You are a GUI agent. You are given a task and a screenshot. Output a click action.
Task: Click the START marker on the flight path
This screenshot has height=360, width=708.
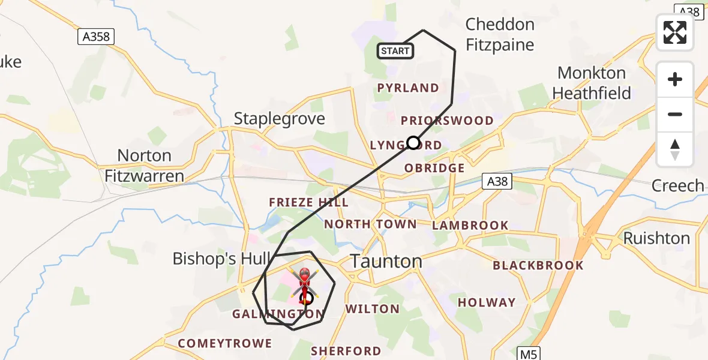click(x=395, y=51)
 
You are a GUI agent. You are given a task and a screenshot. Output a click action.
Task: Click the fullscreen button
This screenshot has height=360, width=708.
click(x=675, y=32)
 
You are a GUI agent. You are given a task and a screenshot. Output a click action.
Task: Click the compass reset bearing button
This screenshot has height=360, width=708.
click(x=675, y=149)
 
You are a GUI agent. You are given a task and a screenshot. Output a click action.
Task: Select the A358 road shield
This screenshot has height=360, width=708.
click(x=96, y=37)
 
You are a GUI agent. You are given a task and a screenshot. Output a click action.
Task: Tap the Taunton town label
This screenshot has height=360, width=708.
click(x=386, y=262)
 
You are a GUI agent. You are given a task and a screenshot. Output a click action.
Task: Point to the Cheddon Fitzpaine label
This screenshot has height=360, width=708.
click(x=500, y=34)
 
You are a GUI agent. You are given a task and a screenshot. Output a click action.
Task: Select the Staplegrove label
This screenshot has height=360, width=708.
click(x=280, y=118)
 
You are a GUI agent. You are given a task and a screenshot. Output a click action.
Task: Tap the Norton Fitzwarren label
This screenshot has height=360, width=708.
click(x=144, y=166)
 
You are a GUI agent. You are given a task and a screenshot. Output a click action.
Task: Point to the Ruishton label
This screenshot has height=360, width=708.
click(x=656, y=238)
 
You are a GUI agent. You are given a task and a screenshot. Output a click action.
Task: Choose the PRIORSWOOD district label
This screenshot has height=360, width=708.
click(x=447, y=121)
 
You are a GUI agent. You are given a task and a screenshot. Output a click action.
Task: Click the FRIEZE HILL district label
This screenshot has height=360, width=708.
click(x=309, y=202)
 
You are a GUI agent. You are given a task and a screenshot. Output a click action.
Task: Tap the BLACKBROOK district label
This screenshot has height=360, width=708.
click(x=538, y=265)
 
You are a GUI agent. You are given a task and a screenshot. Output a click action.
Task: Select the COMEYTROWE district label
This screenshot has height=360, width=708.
click(x=225, y=344)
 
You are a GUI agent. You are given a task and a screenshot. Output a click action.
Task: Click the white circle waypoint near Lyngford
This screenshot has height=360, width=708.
click(x=413, y=143)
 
